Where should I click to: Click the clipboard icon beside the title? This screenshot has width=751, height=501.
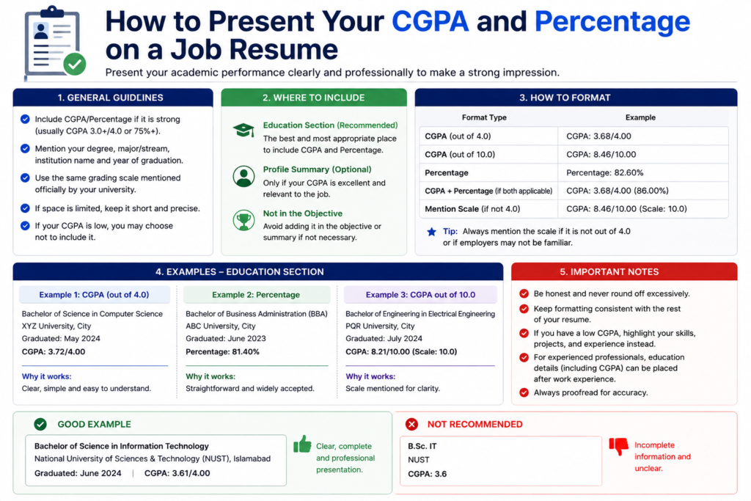point(54,42)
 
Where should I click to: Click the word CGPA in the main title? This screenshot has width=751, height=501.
point(430,21)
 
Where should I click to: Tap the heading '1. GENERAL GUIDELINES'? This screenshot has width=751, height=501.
point(111,98)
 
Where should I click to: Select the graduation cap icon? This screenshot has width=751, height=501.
point(243,130)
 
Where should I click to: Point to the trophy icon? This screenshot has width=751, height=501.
point(243,220)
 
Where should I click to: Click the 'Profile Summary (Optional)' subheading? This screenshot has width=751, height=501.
point(317,169)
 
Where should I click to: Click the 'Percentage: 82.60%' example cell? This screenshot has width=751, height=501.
point(605,172)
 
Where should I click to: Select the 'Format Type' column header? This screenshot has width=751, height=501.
point(484,117)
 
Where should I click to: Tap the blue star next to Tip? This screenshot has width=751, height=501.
point(431,232)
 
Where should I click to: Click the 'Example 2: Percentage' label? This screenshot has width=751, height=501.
point(256,295)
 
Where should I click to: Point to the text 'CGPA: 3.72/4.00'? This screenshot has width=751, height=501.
point(53,351)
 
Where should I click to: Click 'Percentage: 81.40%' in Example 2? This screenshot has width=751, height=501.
point(222,351)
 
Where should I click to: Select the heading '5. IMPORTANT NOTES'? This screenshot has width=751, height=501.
point(609,272)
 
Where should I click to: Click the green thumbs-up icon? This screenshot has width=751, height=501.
point(302,444)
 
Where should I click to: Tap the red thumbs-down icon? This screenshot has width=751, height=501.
point(618,446)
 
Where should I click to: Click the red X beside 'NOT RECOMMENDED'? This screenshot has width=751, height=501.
point(411,424)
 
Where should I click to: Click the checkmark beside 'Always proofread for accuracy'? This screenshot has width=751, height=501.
point(524,392)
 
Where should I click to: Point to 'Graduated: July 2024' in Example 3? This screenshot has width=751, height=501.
point(384,339)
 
